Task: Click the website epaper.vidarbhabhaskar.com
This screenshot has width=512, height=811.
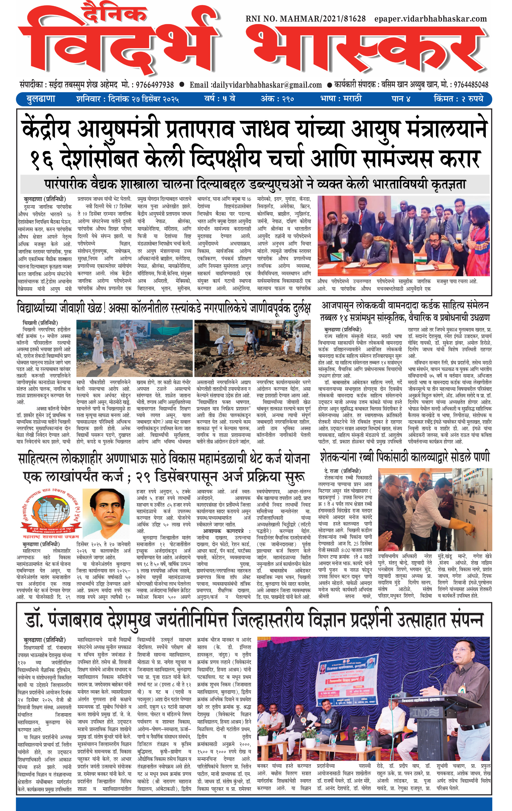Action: [430, 19]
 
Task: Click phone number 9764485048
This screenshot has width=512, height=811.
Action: [471, 85]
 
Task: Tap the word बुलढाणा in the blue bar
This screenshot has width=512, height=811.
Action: [41, 99]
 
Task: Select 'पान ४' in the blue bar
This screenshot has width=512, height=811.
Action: [401, 99]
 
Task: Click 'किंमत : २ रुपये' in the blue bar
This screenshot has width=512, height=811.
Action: [458, 99]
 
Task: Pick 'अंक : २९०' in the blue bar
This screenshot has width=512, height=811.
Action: [277, 99]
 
